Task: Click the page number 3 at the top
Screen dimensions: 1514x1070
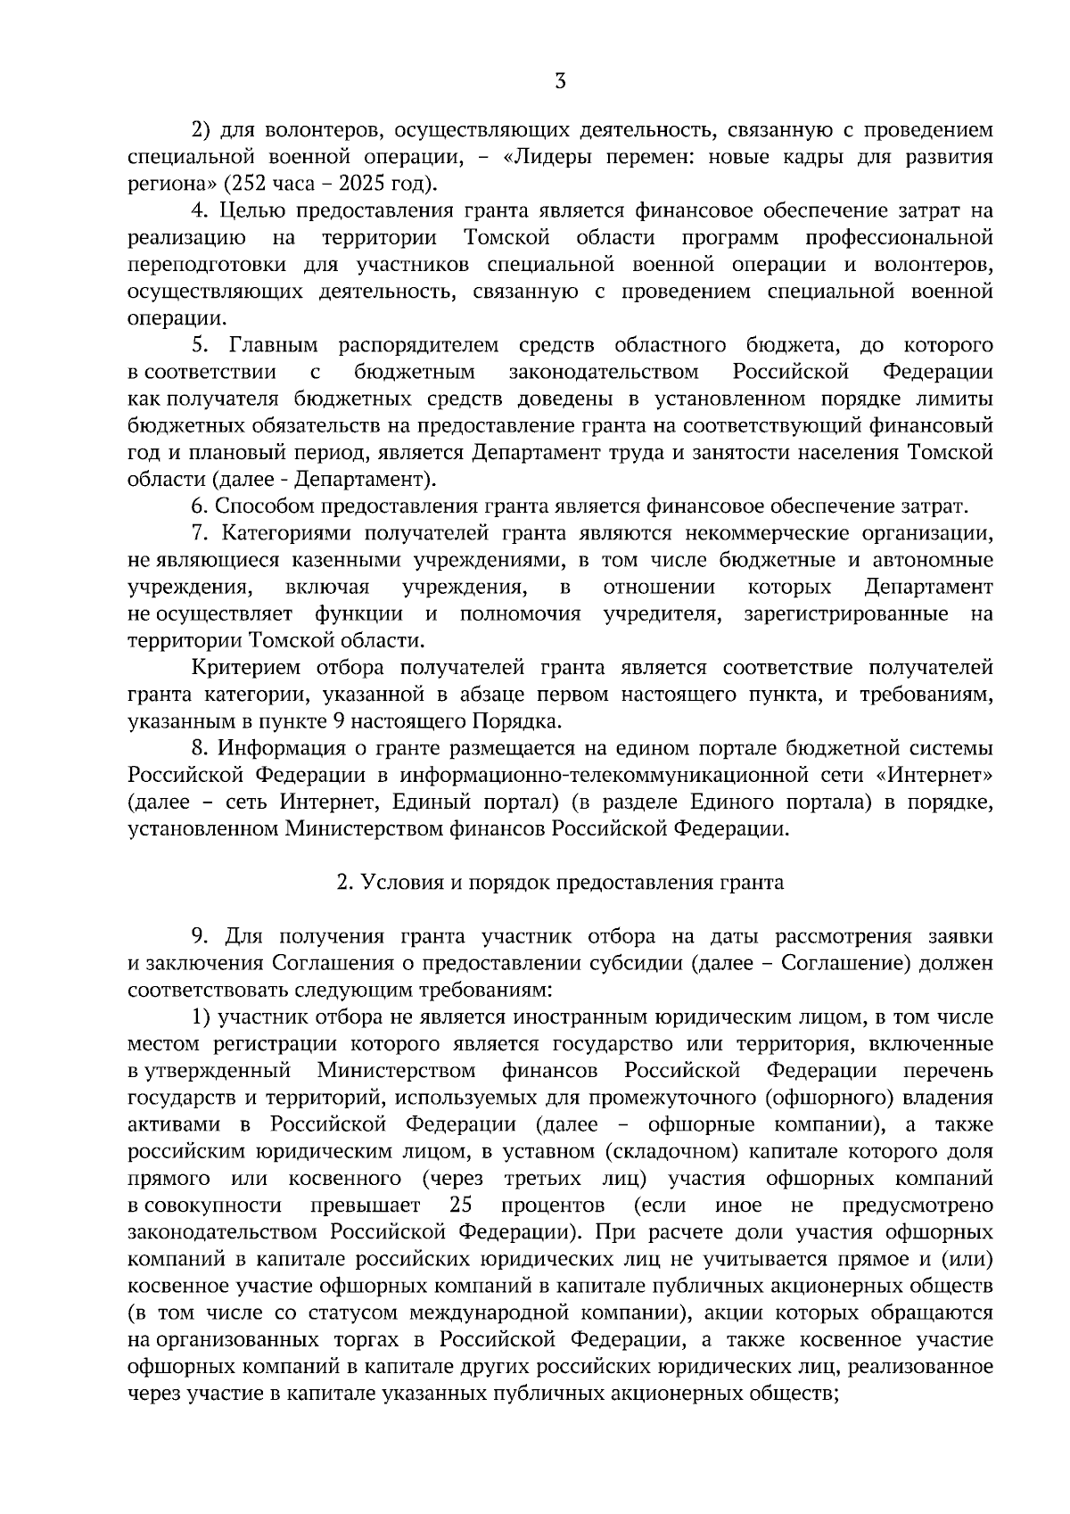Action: pyautogui.click(x=560, y=83)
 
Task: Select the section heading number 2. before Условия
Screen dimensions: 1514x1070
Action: pyautogui.click(x=344, y=883)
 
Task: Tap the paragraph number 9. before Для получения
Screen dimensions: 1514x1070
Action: pyautogui.click(x=200, y=936)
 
